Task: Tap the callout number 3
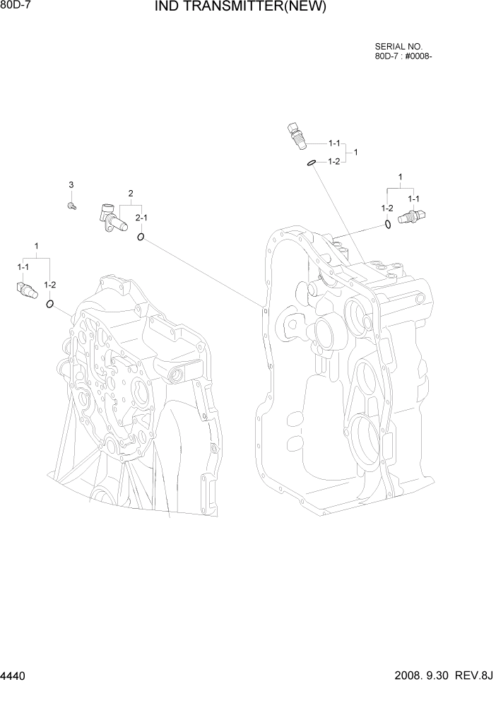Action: click(71, 185)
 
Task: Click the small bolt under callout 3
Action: click(71, 206)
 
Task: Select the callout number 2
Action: click(131, 193)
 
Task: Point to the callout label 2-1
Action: click(141, 218)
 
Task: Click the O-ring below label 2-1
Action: click(141, 237)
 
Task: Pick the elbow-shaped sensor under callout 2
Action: click(112, 216)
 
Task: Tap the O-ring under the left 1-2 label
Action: click(50, 305)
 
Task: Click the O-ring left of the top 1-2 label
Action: click(311, 163)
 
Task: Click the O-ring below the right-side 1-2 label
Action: click(388, 225)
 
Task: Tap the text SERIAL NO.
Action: click(397, 45)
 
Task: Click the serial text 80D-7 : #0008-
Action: click(403, 56)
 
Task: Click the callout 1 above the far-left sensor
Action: click(37, 246)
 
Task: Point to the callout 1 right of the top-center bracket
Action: click(355, 152)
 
